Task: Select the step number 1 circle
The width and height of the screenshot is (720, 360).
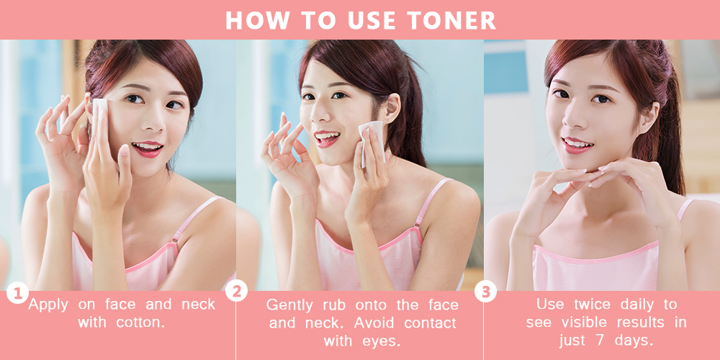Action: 17,293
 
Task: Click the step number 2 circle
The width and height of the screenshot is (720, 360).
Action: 236,291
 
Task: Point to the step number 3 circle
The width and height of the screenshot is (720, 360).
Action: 485,291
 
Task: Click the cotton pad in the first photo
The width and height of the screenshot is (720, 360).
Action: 99,110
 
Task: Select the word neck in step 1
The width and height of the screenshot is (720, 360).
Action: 199,304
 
